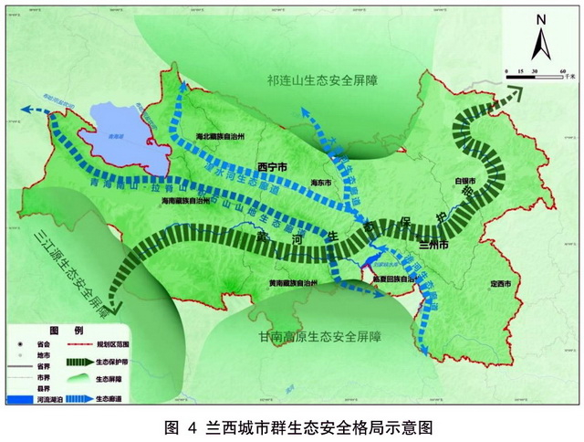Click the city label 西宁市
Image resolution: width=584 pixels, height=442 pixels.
coord(274,168)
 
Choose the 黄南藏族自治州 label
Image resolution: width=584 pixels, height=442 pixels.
coord(287,284)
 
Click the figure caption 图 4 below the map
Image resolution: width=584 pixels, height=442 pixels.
coord(182,426)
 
